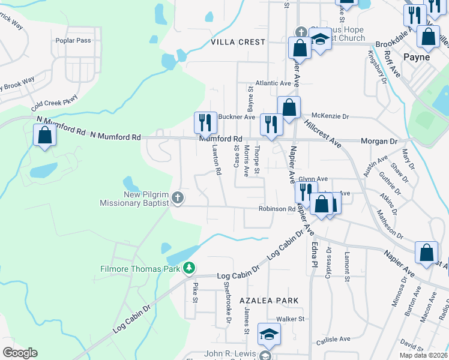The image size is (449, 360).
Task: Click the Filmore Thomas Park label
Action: click(140, 269)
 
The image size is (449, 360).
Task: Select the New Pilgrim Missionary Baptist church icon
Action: click(177, 197)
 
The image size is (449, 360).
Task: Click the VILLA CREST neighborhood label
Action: click(238, 42)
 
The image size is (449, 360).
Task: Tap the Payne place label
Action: click(417, 58)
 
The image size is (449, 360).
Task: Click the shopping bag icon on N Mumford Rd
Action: click(44, 135)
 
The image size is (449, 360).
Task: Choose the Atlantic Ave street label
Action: click(273, 83)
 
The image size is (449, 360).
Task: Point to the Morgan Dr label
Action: click(379, 141)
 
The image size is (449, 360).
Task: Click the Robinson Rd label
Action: click(277, 209)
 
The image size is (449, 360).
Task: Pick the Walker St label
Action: click(291, 319)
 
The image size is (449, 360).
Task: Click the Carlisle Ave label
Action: click(333, 338)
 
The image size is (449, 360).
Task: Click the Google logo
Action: click(19, 352)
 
